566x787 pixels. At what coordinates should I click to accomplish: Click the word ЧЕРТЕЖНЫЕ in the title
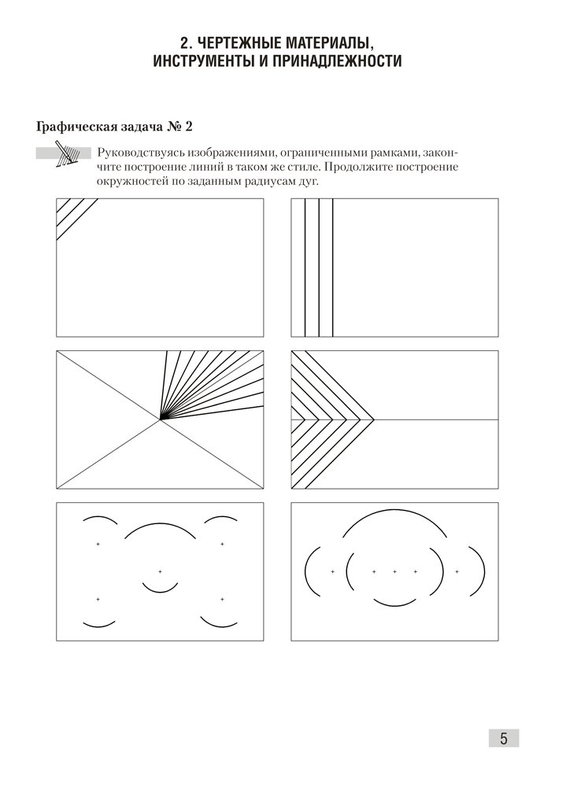coord(242,41)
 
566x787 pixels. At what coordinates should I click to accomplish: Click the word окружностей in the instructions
coord(130,182)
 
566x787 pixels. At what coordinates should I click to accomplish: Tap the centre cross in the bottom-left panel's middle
coord(160,571)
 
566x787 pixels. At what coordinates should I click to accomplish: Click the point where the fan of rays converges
coord(161,419)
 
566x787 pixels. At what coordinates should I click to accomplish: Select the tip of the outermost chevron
coord(373,419)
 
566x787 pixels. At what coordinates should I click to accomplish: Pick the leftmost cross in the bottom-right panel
coord(332,571)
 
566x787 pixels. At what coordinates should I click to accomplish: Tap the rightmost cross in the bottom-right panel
coord(457,571)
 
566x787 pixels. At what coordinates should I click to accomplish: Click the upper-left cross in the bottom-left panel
coord(98,544)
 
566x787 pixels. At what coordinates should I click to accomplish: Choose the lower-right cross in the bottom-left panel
coord(222,600)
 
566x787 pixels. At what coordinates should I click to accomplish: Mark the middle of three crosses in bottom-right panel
coord(394,571)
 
